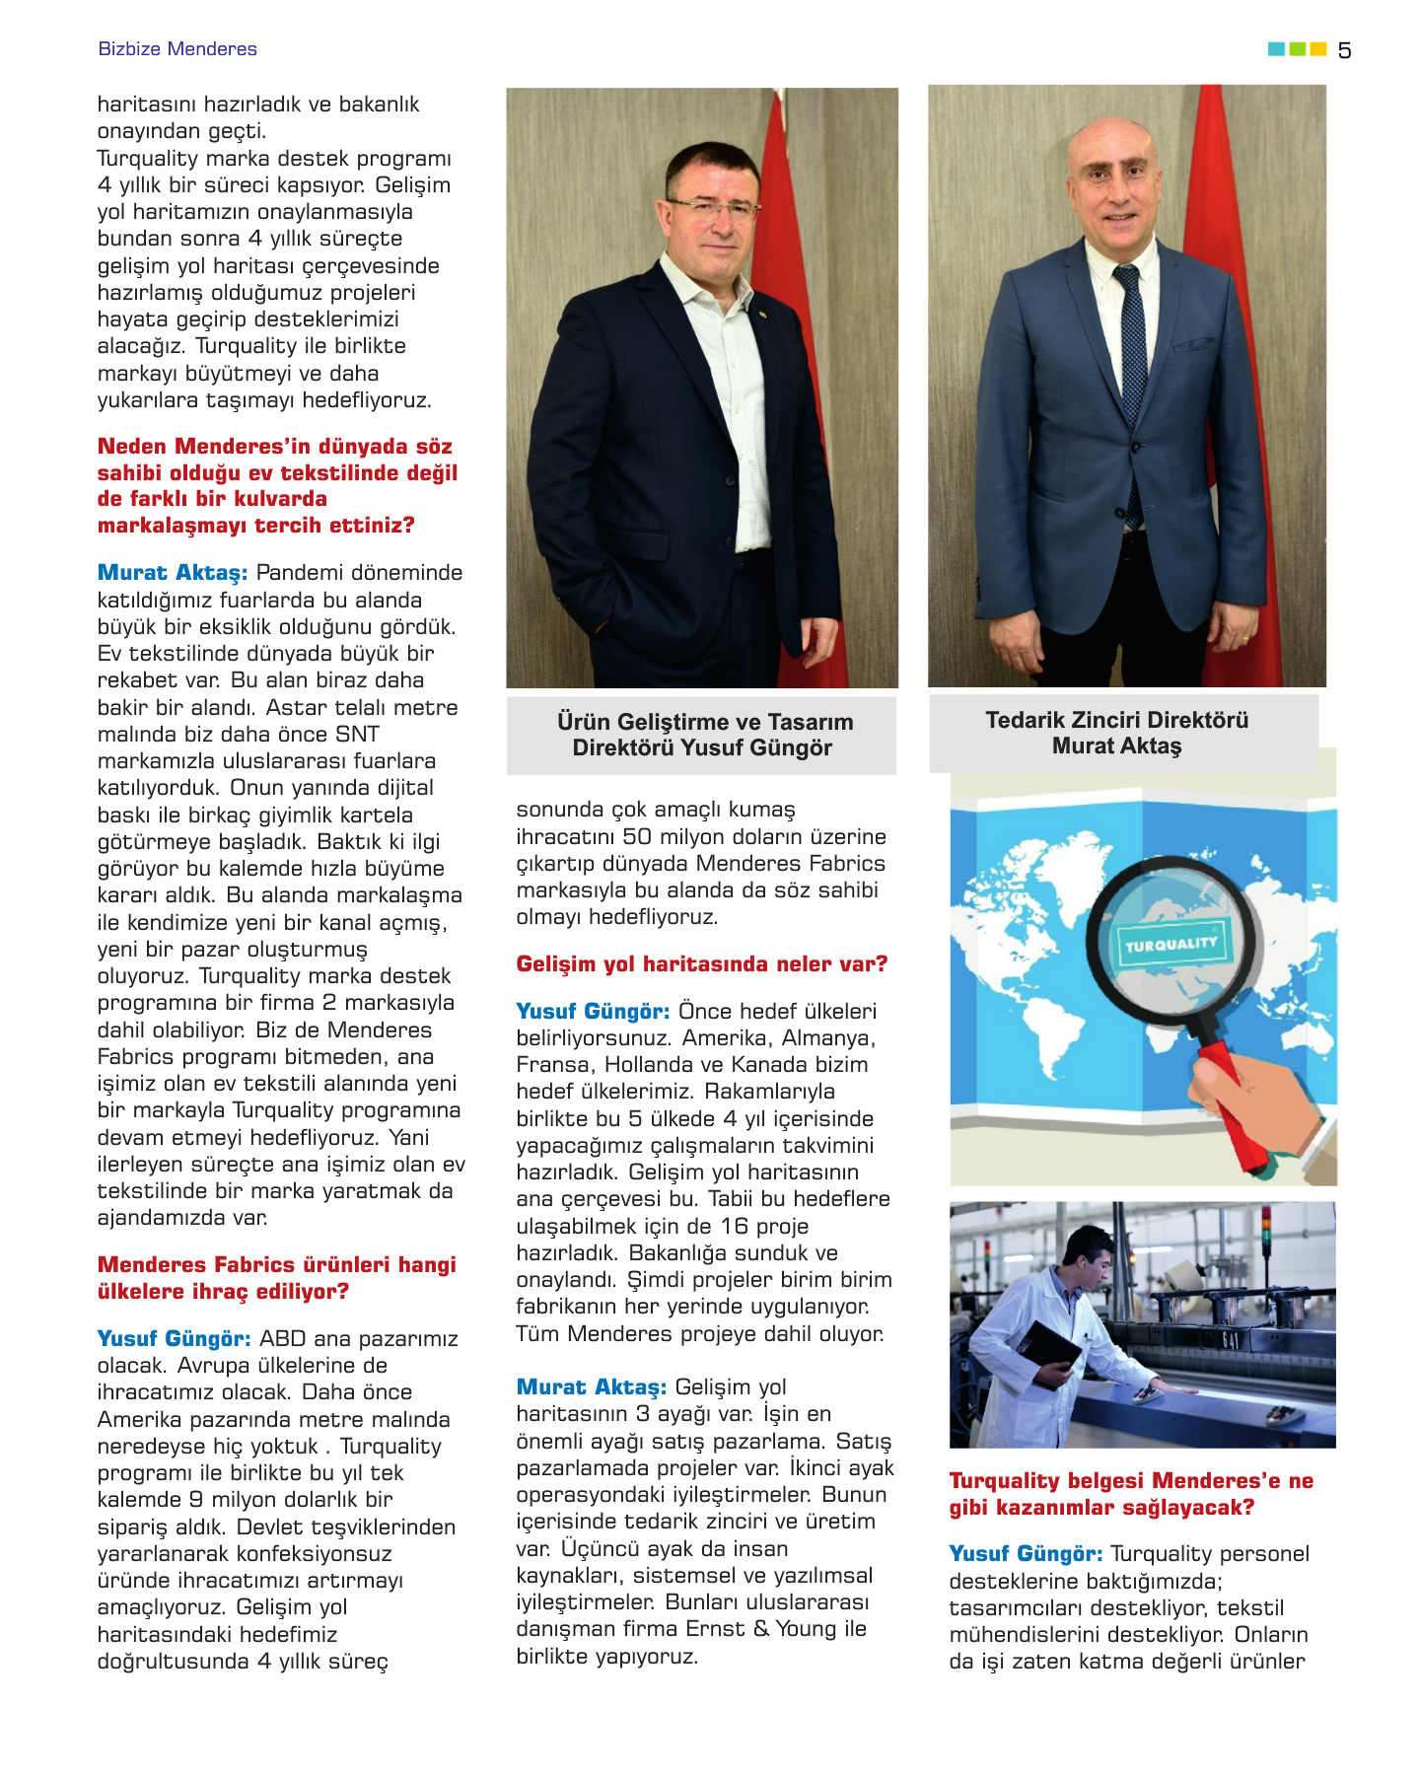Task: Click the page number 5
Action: point(1345,50)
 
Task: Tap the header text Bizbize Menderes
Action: point(177,49)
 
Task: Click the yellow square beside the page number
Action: point(1317,49)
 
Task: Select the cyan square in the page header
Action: point(1276,49)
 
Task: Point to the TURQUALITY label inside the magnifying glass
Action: point(1171,943)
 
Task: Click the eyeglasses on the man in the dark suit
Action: point(711,208)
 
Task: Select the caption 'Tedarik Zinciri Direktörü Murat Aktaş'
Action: point(1116,733)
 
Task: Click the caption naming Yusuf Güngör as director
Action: point(702,735)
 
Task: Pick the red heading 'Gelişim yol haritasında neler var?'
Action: point(701,963)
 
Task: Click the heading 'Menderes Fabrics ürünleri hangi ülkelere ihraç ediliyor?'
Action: point(276,1278)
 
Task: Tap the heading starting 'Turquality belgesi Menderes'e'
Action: point(1131,1494)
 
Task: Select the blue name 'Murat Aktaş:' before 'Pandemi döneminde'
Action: point(173,573)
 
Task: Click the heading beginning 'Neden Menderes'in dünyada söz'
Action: point(276,485)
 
